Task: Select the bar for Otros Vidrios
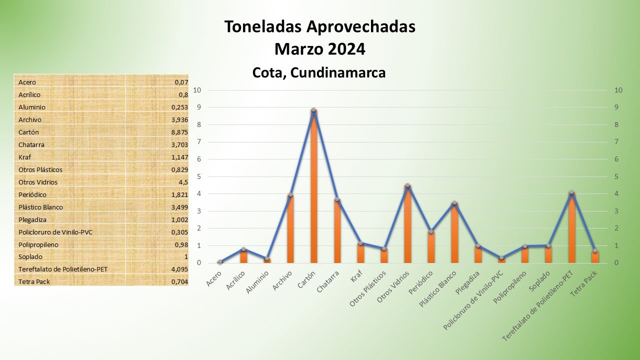click(407, 225)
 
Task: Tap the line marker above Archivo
click(290, 195)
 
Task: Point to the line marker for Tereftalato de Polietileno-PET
click(571, 192)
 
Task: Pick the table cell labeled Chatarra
click(31, 144)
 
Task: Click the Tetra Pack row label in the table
click(34, 281)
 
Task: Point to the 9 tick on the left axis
click(198, 107)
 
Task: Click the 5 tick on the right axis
click(618, 176)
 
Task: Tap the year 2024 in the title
click(347, 49)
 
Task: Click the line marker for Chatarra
click(337, 199)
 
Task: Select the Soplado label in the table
click(30, 256)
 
